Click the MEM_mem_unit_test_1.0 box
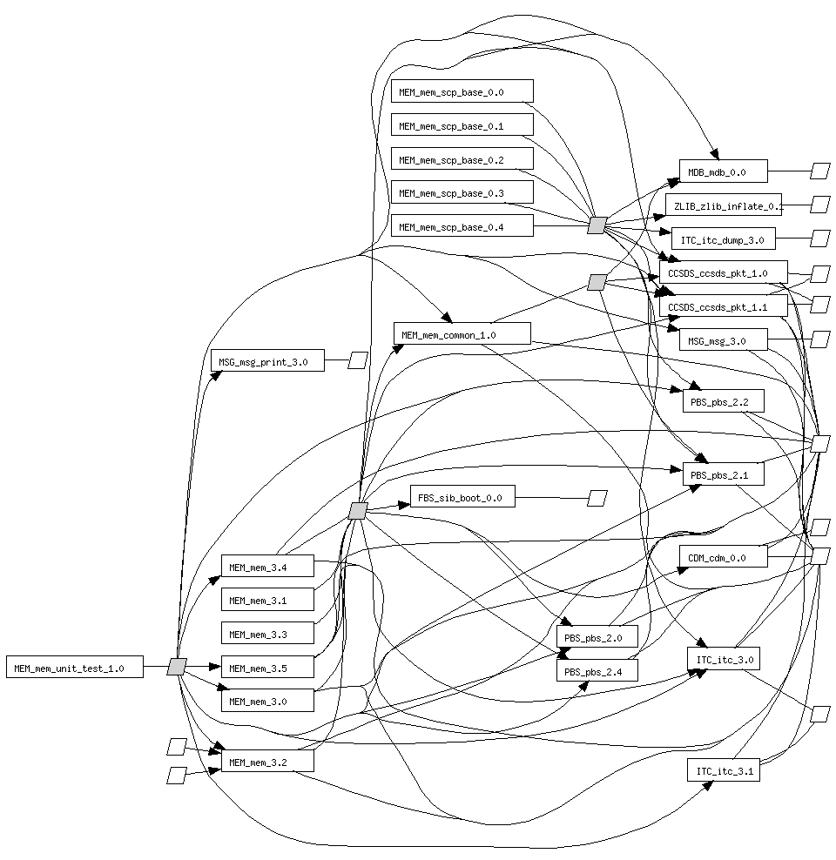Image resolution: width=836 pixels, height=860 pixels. pyautogui.click(x=74, y=668)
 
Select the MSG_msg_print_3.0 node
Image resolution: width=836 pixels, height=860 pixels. pyautogui.click(x=267, y=360)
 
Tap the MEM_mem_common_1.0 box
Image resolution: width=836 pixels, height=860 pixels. pyautogui.click(x=462, y=333)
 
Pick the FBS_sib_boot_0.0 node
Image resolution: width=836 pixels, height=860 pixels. pyautogui.click(x=462, y=498)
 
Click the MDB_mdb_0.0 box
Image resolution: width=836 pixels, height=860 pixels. pyautogui.click(x=723, y=171)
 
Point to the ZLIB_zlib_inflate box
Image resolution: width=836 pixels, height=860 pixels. pyautogui.click(x=724, y=205)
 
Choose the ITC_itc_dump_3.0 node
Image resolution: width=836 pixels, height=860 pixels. pyautogui.click(x=723, y=239)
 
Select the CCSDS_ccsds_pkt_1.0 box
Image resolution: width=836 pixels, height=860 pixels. pyautogui.click(x=723, y=272)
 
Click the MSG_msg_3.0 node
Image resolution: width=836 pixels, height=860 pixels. pyautogui.click(x=723, y=340)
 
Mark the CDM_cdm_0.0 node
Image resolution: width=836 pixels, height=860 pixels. pyautogui.click(x=723, y=557)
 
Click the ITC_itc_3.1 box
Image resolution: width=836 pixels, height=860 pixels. pyautogui.click(x=723, y=770)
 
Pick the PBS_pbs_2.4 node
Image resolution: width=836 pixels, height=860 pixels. pyautogui.click(x=597, y=670)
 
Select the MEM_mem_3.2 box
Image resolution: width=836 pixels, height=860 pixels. pyautogui.click(x=266, y=762)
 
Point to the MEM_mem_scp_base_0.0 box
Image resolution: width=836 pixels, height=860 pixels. pyautogui.click(x=462, y=91)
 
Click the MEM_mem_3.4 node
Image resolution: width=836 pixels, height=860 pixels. pyautogui.click(x=266, y=568)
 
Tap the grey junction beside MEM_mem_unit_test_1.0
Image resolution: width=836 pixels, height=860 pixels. pyautogui.click(x=177, y=667)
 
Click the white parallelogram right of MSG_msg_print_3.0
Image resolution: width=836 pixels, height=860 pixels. pyautogui.click(x=358, y=360)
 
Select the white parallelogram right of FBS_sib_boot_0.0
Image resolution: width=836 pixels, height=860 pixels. pyautogui.click(x=597, y=498)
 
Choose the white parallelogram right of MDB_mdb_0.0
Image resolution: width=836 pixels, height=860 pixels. pyautogui.click(x=819, y=171)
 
